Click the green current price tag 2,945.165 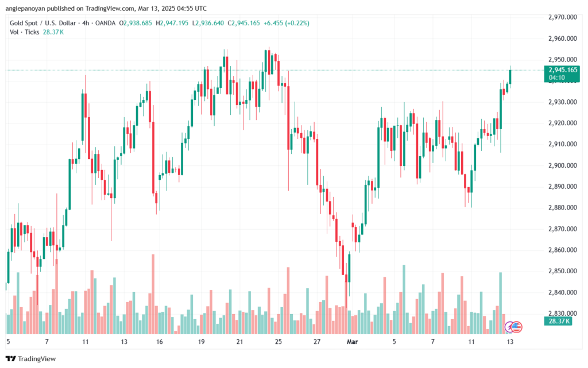pyautogui.click(x=562, y=70)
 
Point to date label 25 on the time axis pyautogui.click(x=278, y=342)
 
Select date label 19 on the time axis pyautogui.click(x=202, y=342)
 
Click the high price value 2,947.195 pyautogui.click(x=175, y=23)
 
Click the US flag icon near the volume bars pyautogui.click(x=516, y=327)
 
